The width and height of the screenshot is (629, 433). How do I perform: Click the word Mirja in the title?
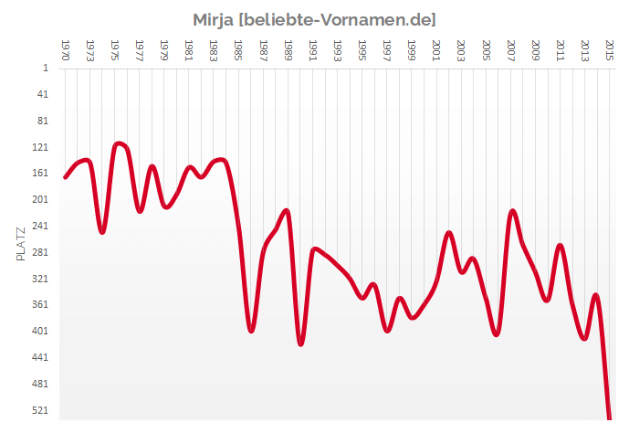(x=214, y=19)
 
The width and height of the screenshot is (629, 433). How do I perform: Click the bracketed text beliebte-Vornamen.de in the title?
(x=337, y=19)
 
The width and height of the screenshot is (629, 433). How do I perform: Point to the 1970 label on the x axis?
(x=65, y=48)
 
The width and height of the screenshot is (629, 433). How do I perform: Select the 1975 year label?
(x=114, y=48)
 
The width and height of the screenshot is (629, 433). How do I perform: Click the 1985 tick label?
(x=238, y=48)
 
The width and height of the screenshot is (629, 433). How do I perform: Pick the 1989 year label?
(x=288, y=48)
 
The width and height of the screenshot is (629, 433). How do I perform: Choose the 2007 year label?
(x=511, y=48)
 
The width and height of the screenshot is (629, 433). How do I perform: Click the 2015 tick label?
(x=610, y=48)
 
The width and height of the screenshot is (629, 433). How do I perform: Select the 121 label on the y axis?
(x=40, y=147)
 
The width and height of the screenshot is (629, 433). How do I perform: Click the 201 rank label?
(x=40, y=199)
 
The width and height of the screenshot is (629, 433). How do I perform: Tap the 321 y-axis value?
(x=40, y=279)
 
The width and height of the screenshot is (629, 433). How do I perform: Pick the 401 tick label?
(x=40, y=331)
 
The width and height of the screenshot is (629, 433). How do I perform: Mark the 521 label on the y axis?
(x=40, y=410)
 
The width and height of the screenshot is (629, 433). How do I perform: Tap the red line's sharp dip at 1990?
(x=300, y=343)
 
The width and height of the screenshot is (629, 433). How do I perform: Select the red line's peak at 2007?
(x=512, y=211)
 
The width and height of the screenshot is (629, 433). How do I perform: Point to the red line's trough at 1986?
(x=251, y=331)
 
